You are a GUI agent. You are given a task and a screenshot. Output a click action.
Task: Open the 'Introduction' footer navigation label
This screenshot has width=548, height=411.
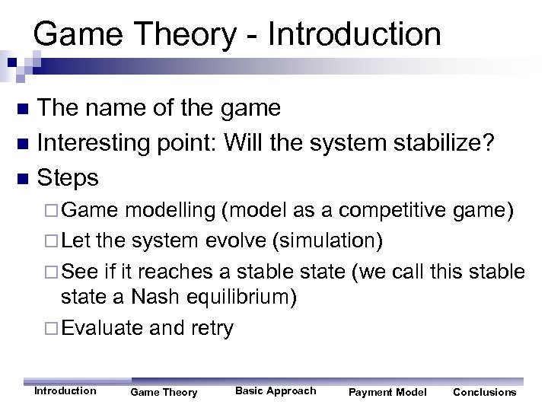[x=65, y=390]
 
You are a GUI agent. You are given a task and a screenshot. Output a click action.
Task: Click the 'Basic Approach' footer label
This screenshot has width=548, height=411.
[x=276, y=390]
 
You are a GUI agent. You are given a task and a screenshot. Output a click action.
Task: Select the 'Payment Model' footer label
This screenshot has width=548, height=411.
[x=387, y=392]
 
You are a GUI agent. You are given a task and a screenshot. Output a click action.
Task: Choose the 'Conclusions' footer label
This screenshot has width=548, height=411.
[x=484, y=392]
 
